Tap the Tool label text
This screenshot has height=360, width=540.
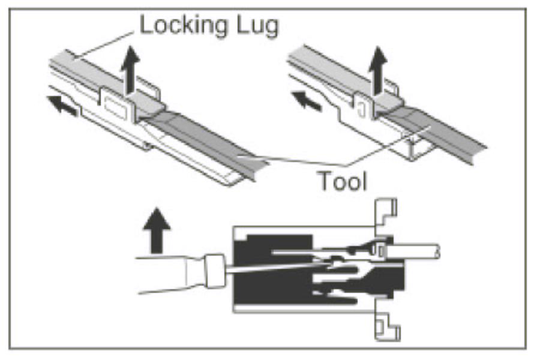click(x=341, y=180)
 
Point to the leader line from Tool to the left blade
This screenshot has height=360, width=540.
click(x=288, y=160)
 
